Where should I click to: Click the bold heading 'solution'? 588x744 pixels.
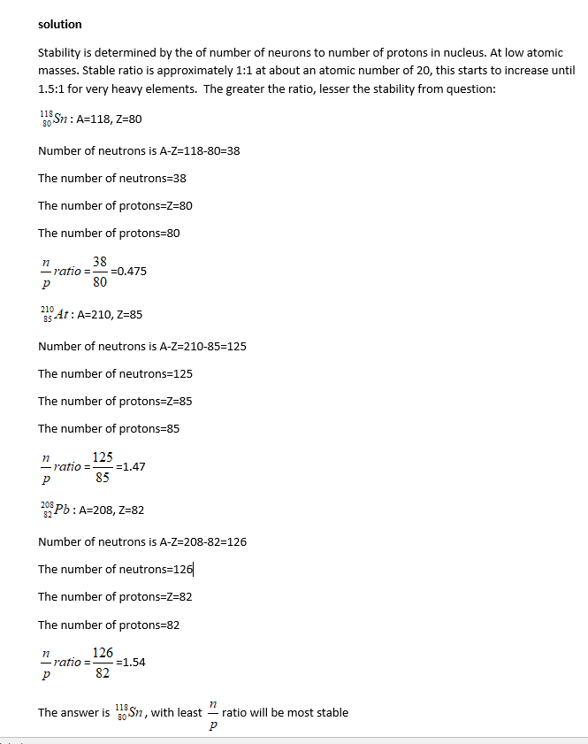59,24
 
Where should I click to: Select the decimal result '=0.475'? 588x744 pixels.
127,272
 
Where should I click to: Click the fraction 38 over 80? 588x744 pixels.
100,272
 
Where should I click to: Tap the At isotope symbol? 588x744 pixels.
56,314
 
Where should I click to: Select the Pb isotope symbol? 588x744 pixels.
56,510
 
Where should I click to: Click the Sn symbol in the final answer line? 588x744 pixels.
131,711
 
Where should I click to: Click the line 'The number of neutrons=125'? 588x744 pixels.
115,373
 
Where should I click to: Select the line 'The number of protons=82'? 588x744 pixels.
109,625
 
